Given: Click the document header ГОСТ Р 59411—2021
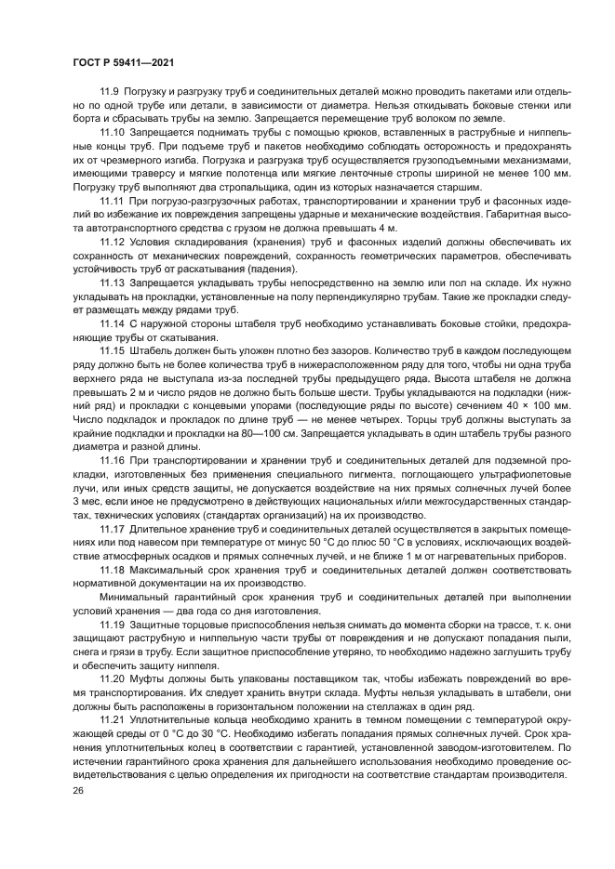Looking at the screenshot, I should point(124,61).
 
